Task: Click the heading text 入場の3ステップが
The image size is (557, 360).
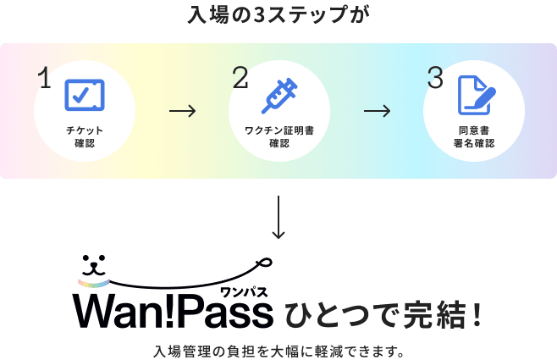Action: (x=278, y=14)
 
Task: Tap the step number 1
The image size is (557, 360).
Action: (x=45, y=79)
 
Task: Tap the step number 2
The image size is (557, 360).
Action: (x=240, y=79)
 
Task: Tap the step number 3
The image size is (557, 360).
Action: (x=435, y=79)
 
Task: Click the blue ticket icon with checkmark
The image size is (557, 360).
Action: (x=85, y=96)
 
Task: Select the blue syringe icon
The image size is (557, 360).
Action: (x=278, y=95)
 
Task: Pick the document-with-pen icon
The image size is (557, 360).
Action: (x=476, y=96)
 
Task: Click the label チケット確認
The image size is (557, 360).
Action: (x=85, y=137)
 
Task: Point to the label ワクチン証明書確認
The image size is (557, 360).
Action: (x=279, y=137)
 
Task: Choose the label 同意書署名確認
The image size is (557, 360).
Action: (x=474, y=137)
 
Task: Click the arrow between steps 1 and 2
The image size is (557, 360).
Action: (x=182, y=110)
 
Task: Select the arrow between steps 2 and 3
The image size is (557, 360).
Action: (x=377, y=110)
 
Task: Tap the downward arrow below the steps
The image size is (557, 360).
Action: (x=278, y=219)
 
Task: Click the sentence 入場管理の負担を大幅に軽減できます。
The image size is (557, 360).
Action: (x=278, y=350)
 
